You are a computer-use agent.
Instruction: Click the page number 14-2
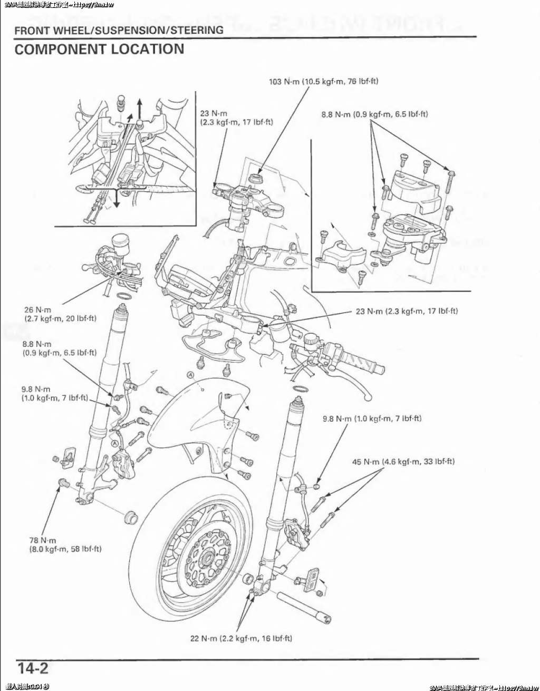(x=33, y=668)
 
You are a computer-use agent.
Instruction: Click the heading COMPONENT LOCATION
(x=99, y=50)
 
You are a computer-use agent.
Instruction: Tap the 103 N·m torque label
(x=324, y=82)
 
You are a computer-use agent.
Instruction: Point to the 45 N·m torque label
(x=403, y=462)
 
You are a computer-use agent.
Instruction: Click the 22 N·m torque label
(x=241, y=638)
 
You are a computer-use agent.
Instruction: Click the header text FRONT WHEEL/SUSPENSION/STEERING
(x=119, y=30)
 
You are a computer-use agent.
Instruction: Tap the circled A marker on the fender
(x=190, y=375)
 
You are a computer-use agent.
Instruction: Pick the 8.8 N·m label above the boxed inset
(x=374, y=114)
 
